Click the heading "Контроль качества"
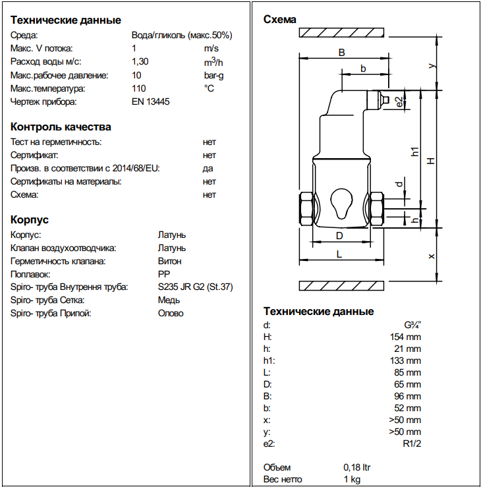61,127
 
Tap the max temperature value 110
138,88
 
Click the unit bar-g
215,75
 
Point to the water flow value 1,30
140,62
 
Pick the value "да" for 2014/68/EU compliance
208,168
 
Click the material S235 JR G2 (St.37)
196,287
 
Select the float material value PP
163,273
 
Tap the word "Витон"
170,260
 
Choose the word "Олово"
171,313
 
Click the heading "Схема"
280,20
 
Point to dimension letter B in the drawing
341,52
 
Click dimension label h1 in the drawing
414,151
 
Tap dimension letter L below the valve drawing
339,254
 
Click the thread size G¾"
412,324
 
